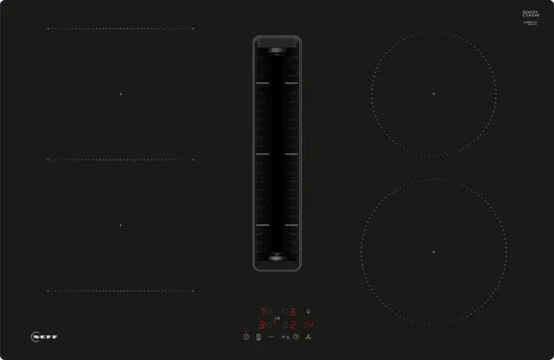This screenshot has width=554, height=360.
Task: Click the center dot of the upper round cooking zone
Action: [x=432, y=93]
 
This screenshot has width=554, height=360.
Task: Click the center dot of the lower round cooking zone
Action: [x=432, y=252]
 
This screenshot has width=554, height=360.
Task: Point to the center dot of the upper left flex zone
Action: [x=119, y=93]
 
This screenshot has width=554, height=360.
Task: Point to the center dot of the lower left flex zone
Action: [x=119, y=224]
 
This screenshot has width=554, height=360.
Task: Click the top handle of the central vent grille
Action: [x=276, y=43]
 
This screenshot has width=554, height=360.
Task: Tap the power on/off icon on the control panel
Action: [x=245, y=337]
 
